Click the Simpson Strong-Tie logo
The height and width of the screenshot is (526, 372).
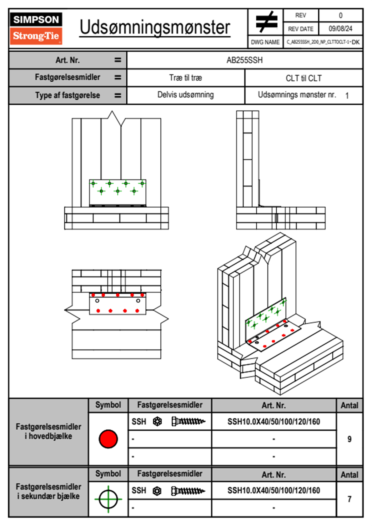36,28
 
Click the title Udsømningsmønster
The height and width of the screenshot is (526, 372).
155,28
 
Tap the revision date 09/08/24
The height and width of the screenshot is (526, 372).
340,29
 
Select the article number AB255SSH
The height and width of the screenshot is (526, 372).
244,60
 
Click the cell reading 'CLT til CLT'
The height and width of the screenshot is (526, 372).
304,78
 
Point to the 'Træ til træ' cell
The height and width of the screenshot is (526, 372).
185,78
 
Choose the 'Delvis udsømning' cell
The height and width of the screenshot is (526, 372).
185,95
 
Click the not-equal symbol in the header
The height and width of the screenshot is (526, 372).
266,22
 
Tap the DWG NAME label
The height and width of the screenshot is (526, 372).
265,42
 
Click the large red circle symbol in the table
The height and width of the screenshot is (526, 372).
108,439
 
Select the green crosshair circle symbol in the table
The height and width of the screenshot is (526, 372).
108,499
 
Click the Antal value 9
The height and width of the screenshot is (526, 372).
349,439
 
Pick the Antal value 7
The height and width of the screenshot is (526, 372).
349,499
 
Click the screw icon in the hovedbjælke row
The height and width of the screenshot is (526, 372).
188,422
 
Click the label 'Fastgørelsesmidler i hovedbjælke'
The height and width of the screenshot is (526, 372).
48,431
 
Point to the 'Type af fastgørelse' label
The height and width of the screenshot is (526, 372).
68,95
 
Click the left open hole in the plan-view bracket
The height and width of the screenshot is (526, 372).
97,301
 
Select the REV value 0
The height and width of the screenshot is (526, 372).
340,15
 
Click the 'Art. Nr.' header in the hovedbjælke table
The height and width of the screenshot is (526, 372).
274,406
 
